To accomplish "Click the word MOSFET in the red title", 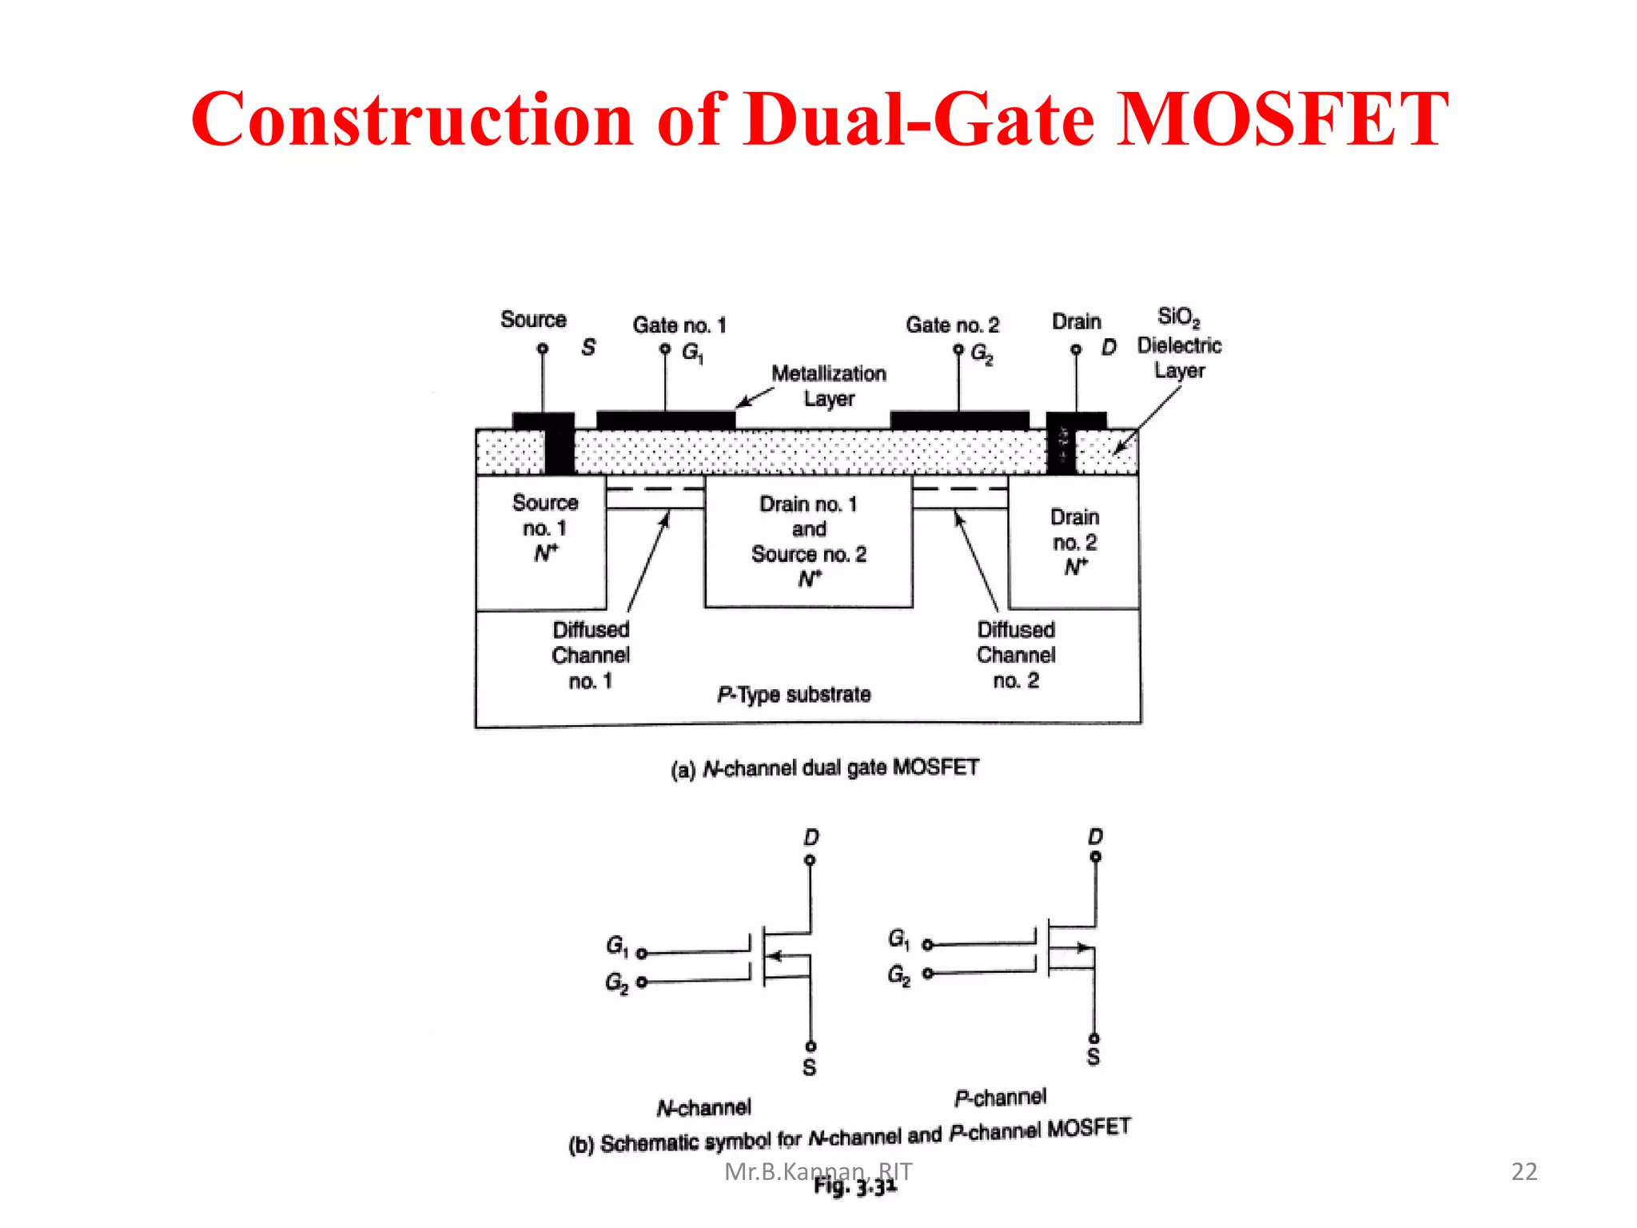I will [x=1281, y=120].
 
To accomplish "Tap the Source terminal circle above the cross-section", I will [x=543, y=349].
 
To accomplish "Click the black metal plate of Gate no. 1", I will [x=665, y=420].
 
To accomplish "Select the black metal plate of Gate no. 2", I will [x=959, y=420].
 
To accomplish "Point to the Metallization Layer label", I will [x=829, y=386].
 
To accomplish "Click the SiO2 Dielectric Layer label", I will [x=1179, y=344].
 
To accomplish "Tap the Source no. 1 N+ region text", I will [x=545, y=528].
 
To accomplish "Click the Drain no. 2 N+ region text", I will [x=1075, y=542].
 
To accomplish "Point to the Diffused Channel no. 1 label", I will [x=591, y=655].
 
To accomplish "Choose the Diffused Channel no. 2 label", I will [x=1016, y=655].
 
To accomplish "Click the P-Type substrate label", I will [x=794, y=694].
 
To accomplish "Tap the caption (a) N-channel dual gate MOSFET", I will [x=825, y=768].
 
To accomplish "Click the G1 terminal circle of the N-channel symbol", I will [x=641, y=953].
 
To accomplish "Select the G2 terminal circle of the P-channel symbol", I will [x=927, y=973].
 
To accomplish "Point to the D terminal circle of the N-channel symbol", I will [x=810, y=860].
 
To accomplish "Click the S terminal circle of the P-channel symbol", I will [x=1094, y=1039].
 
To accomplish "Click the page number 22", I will [x=1524, y=1171].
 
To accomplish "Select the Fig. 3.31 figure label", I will [x=855, y=1187].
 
